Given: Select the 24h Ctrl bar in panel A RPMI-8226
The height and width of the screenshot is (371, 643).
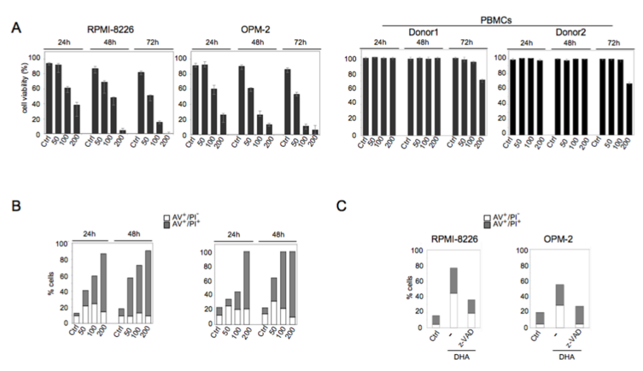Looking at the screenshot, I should [x=49, y=99].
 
